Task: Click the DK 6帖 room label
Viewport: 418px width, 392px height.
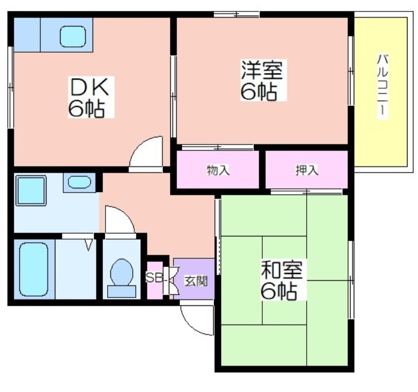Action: [x=89, y=98]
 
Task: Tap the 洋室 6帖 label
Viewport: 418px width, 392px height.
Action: [x=262, y=80]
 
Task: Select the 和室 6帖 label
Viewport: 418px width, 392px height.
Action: [x=282, y=280]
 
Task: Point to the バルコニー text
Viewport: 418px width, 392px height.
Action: [x=382, y=85]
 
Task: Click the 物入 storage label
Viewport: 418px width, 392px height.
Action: [x=218, y=170]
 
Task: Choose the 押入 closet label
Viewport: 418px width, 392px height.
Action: [x=307, y=170]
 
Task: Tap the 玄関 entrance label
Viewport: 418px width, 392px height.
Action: [x=196, y=281]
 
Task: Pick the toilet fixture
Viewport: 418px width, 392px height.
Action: [x=122, y=278]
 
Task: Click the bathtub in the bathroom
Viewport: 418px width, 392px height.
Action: [x=34, y=269]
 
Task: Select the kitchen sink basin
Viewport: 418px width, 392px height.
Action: [x=73, y=37]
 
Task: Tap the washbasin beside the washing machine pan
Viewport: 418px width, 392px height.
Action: [x=79, y=182]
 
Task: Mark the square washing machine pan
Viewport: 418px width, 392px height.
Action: [x=31, y=191]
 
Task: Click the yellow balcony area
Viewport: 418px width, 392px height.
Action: [x=381, y=92]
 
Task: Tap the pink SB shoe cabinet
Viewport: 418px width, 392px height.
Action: [x=155, y=280]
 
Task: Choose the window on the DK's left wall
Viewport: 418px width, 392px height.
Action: [x=10, y=87]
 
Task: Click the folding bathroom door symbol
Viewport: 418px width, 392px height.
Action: [x=89, y=245]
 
